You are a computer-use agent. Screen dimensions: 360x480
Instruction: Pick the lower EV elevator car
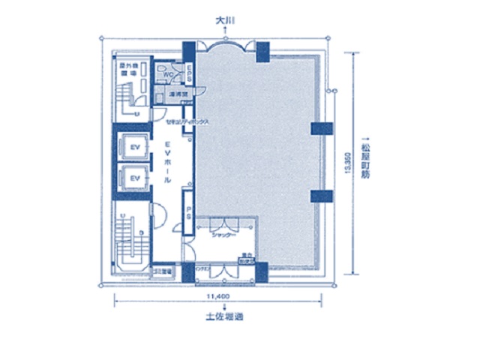coord(136,178)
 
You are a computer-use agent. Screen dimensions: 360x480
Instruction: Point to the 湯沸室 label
coord(177,95)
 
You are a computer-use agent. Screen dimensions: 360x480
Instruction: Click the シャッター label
coord(224,235)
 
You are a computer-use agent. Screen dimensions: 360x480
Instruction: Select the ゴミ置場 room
coord(163,271)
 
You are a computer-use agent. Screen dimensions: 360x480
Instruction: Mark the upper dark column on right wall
coord(321,127)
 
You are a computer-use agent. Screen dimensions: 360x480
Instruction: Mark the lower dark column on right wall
coord(321,196)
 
